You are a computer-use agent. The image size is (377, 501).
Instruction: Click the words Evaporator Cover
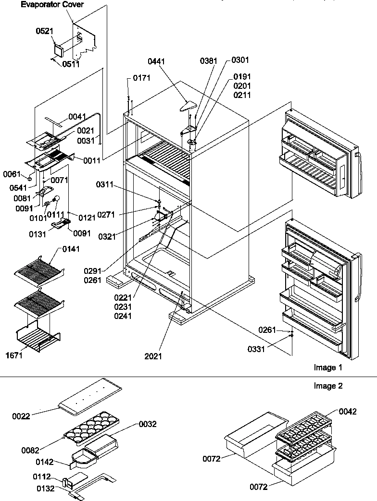(x=52, y=5)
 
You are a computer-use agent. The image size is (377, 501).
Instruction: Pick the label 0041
(x=77, y=117)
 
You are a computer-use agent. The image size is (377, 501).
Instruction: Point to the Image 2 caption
(x=328, y=386)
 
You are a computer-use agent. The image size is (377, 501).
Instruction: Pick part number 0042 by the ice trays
(x=348, y=411)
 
